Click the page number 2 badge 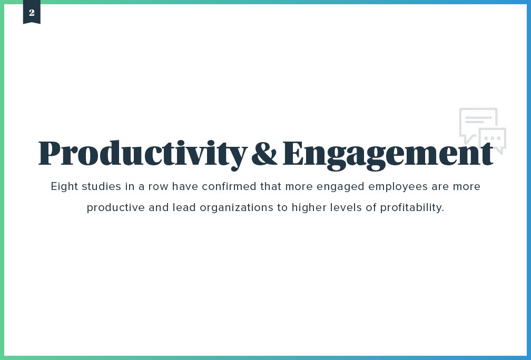32,13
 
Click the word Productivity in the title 142,153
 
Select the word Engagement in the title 388,153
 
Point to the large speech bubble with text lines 477,122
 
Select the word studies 100,187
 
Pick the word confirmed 230,187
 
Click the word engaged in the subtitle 343,187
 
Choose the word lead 182,207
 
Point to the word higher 309,207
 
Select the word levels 345,207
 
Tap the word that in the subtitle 270,187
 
